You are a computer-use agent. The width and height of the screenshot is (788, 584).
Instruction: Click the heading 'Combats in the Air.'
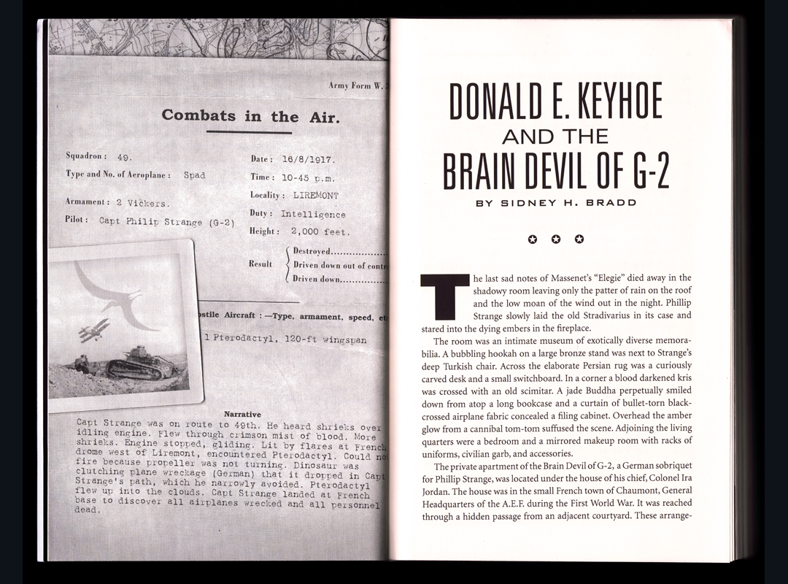pyautogui.click(x=250, y=116)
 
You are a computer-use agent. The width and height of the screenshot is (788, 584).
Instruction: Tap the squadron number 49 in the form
pyautogui.click(x=124, y=156)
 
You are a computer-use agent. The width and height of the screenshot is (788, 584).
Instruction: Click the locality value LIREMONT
pyautogui.click(x=316, y=196)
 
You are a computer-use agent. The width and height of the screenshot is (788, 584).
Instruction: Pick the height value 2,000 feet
pyautogui.click(x=320, y=231)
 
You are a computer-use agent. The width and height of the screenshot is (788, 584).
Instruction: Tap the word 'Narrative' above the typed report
pyautogui.click(x=242, y=414)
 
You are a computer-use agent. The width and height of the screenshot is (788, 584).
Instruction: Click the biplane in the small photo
pyautogui.click(x=94, y=331)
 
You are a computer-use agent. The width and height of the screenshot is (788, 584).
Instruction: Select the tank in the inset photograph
pyautogui.click(x=142, y=363)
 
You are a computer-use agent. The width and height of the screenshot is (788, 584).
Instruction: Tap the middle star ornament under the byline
pyautogui.click(x=556, y=239)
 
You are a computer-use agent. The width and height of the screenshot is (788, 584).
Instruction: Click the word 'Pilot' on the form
pyautogui.click(x=77, y=220)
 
